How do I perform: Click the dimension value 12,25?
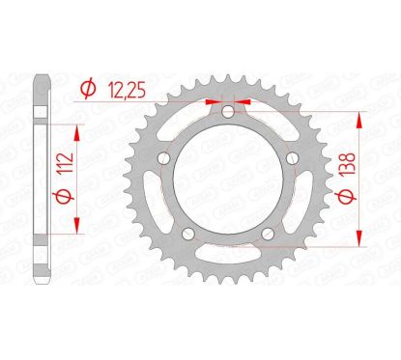click(x=127, y=91)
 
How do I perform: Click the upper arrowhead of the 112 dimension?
click(x=73, y=128)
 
